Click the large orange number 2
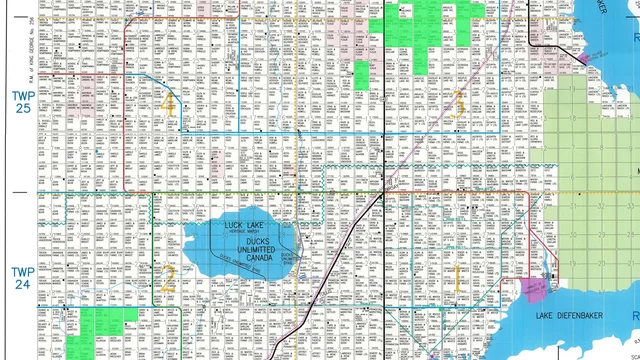tap(168, 278)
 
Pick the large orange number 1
tap(458, 279)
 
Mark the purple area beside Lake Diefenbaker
tap(533, 290)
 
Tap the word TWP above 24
tap(22, 271)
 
